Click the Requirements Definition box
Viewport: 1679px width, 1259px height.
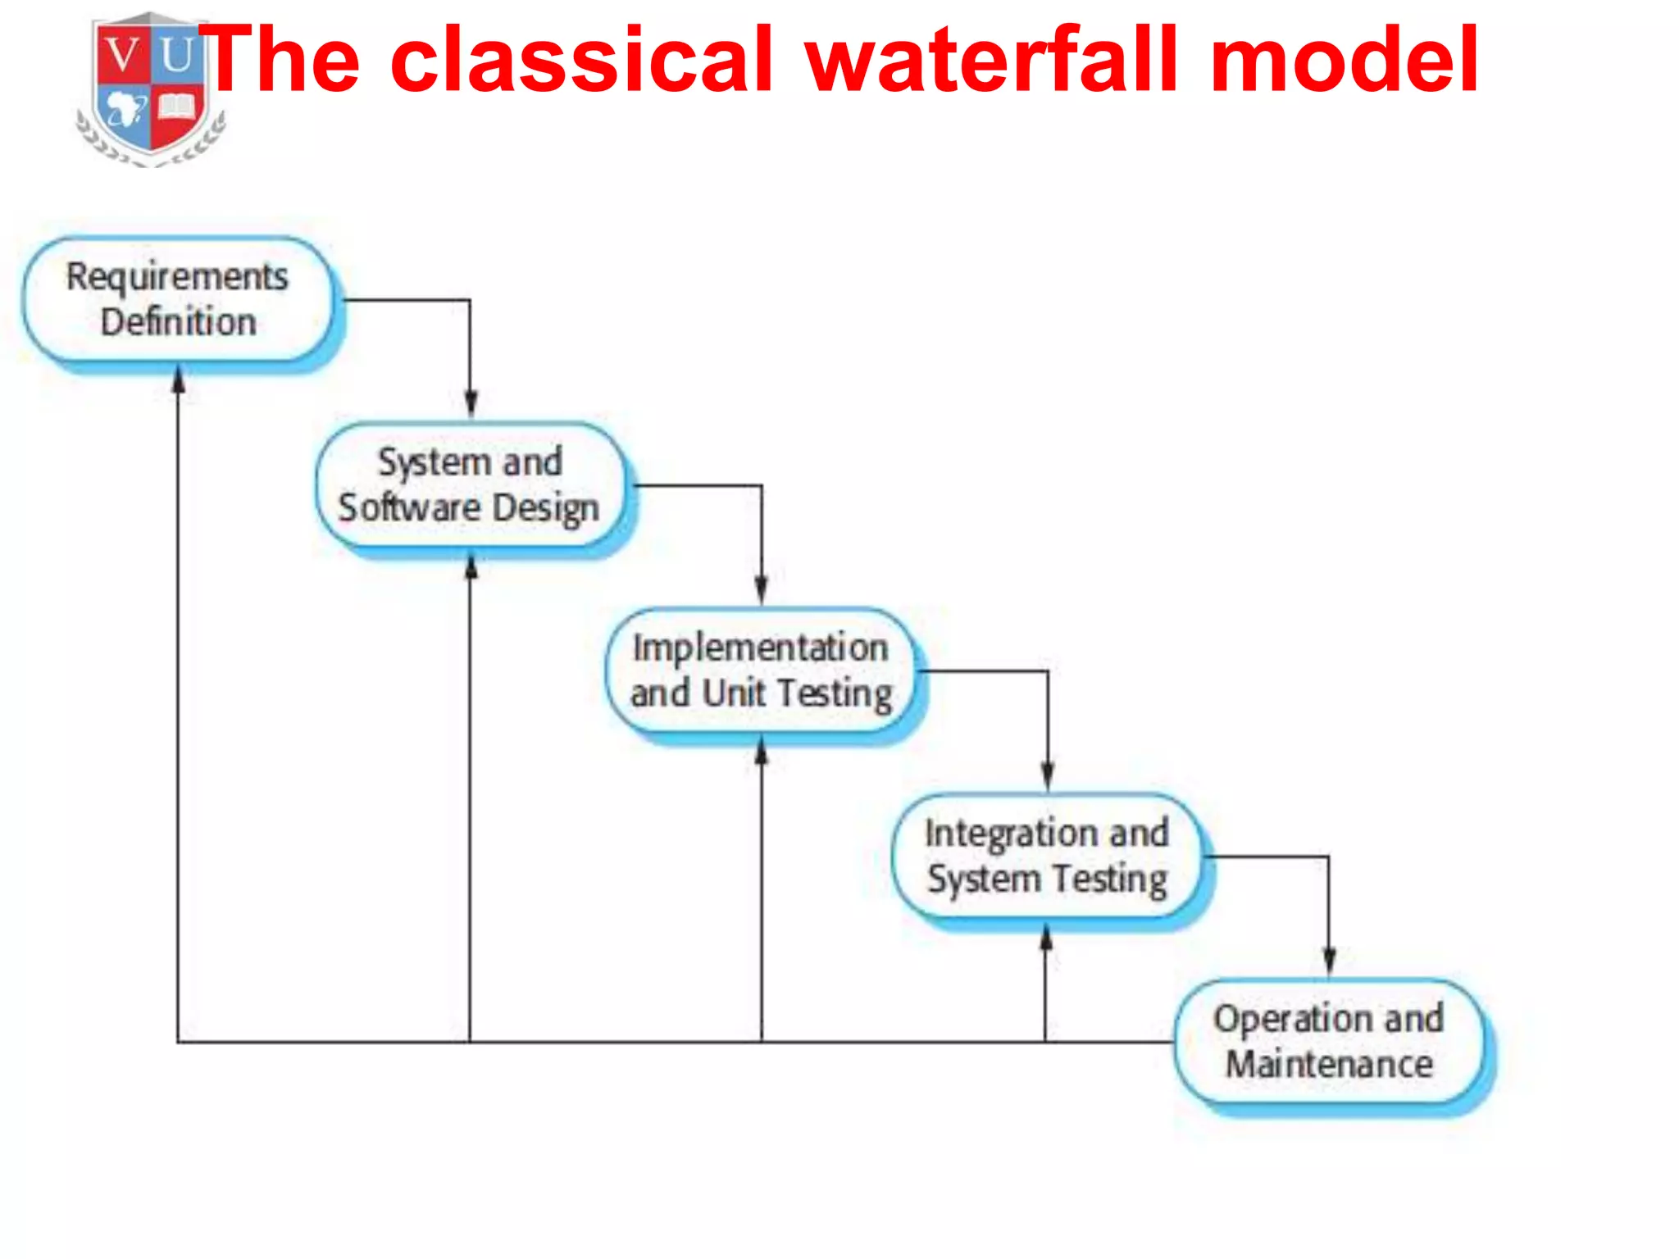[179, 300]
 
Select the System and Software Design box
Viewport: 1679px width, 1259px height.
[470, 485]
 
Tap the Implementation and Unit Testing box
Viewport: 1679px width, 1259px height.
[761, 670]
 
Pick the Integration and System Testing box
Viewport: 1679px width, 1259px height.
[1047, 856]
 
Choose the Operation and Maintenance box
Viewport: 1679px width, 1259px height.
[1329, 1041]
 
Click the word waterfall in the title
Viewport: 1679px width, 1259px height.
[993, 59]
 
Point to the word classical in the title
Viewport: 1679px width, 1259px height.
[581, 59]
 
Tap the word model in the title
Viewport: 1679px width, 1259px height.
[1345, 59]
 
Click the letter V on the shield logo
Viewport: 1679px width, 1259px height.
[122, 57]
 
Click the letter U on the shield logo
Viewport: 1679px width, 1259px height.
[176, 57]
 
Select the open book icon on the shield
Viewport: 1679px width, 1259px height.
[177, 107]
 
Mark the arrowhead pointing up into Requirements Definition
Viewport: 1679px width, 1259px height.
[178, 380]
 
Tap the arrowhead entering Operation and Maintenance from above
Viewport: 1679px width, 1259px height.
[1329, 961]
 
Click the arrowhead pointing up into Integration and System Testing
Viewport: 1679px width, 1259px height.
[1046, 936]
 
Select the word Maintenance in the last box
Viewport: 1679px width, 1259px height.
[1329, 1064]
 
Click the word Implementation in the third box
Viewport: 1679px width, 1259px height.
[761, 648]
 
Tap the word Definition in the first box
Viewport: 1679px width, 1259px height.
[179, 322]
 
